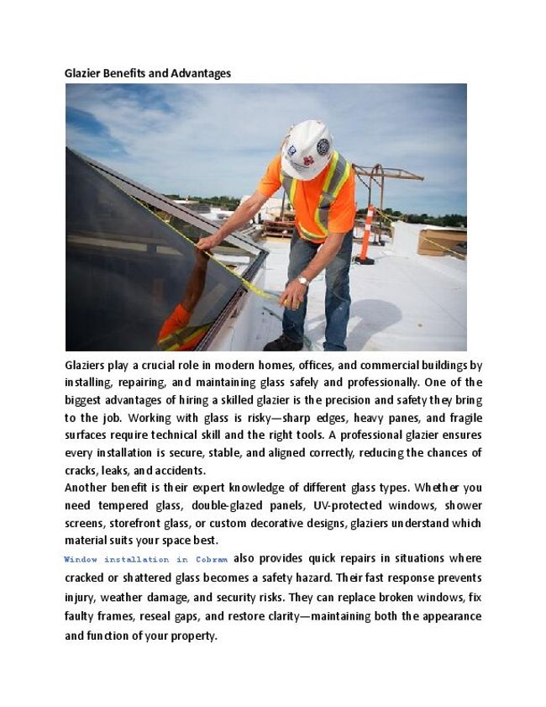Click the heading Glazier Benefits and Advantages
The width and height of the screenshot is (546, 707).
pyautogui.click(x=147, y=73)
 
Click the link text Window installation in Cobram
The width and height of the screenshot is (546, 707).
pyautogui.click(x=146, y=559)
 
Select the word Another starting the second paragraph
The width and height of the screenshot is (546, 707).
pyautogui.click(x=88, y=488)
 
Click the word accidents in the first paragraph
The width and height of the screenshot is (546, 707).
pyautogui.click(x=178, y=470)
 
